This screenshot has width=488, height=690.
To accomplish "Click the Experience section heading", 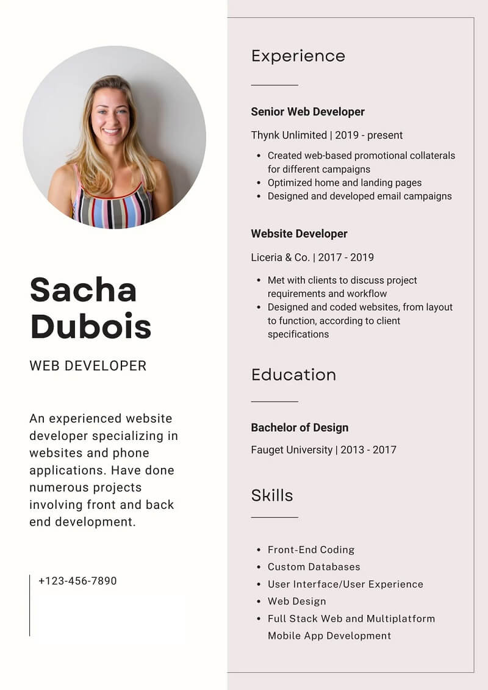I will coord(298,56).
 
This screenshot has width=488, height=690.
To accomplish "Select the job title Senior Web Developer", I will coord(307,112).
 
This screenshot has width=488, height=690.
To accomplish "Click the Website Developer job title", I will coord(299,234).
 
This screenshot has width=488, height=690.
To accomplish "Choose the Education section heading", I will coord(293,375).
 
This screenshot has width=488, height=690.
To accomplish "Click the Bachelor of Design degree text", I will coord(300,428).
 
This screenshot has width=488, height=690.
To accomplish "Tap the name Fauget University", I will coord(292,450).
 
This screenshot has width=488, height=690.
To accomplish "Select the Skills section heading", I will coord(272,495).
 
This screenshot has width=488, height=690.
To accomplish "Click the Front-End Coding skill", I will coord(310,550).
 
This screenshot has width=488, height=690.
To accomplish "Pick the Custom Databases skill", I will coord(314,567).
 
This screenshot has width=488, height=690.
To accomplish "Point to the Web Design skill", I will coord(296,601).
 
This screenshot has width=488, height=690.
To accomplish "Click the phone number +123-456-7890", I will coord(77,581).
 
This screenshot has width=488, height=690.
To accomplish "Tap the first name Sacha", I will coord(83,289).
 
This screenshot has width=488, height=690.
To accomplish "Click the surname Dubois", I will coord(90,326).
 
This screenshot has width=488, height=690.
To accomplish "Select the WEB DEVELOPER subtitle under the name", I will coord(88,366).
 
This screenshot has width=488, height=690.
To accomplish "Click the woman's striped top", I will coord(113,207).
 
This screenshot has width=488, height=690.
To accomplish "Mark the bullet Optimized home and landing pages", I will coord(344,182).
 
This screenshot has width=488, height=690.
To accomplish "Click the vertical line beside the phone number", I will coord(29,605).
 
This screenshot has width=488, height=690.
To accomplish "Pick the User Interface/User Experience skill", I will coord(345,584).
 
